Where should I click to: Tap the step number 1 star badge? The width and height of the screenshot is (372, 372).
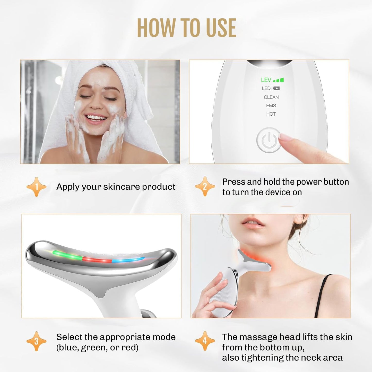tap(36, 187)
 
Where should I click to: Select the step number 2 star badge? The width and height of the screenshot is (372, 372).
tap(205, 187)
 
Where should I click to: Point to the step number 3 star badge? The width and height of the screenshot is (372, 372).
tap(36, 341)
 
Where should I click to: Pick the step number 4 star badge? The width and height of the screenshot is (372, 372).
tap(205, 341)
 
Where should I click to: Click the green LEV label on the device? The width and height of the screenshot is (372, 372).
tap(266, 80)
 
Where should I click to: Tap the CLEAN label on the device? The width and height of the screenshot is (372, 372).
tap(271, 97)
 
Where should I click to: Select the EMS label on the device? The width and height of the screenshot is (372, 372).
tap(271, 106)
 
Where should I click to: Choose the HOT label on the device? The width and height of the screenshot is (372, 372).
tap(271, 114)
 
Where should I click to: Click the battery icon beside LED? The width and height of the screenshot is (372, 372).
tap(276, 88)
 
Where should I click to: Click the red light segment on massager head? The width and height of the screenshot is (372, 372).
tap(97, 259)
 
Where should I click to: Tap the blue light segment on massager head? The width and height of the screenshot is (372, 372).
tap(128, 260)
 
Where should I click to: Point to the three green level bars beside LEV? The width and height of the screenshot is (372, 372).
tap(279, 80)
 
